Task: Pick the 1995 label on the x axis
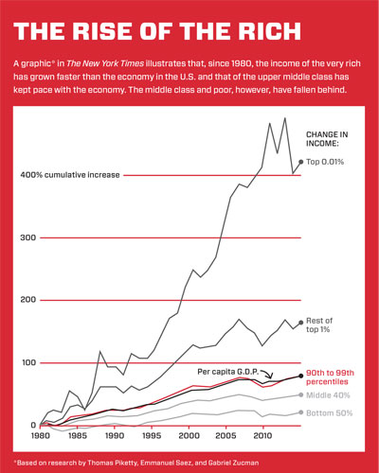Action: (152, 439)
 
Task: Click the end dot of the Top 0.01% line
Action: (301, 163)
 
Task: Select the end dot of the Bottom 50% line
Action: (301, 412)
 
